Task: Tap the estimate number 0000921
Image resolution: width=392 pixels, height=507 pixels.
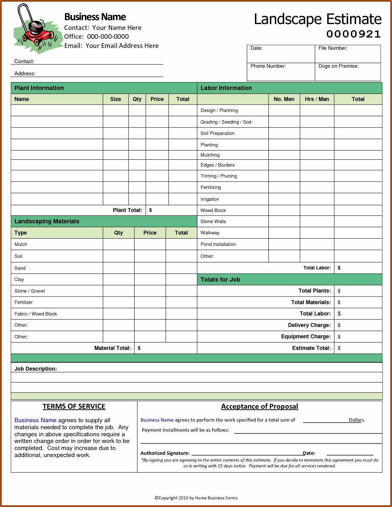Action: [353, 34]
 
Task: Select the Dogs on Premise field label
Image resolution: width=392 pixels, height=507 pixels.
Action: [338, 66]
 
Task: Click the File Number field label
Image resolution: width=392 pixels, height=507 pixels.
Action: [333, 48]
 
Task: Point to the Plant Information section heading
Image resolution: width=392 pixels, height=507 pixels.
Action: [39, 88]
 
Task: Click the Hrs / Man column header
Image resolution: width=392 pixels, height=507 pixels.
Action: [317, 99]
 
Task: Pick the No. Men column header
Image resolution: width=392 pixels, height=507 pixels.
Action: [284, 99]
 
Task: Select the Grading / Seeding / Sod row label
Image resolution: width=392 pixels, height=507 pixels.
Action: [226, 122]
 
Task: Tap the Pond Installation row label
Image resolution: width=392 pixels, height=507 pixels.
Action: [218, 244]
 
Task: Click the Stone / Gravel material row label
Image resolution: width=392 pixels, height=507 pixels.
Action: [30, 291]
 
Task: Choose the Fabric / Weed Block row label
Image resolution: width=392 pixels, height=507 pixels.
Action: [36, 314]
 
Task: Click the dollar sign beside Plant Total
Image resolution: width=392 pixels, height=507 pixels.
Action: [150, 210]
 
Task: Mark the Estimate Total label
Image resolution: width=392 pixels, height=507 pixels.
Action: [311, 348]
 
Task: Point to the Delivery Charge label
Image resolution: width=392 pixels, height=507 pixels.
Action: [309, 325]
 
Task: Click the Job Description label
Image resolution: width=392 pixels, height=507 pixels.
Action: [36, 369]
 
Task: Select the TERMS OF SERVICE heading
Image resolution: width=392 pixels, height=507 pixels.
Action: [74, 407]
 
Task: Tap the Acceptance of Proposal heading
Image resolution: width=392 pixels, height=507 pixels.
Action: [260, 407]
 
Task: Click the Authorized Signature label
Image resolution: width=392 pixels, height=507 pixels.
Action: [165, 453]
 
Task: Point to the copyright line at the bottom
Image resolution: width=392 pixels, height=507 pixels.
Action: [196, 498]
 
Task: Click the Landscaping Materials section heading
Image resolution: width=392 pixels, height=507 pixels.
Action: [47, 221]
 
